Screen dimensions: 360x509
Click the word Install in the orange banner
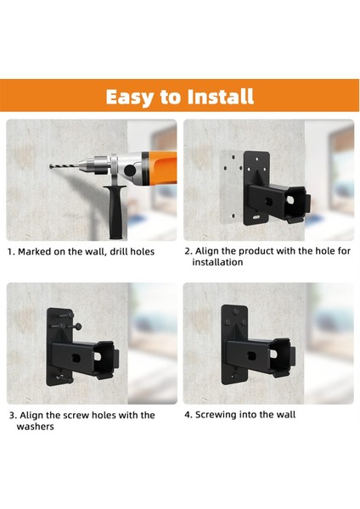(220, 97)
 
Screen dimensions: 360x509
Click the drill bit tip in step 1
(50, 166)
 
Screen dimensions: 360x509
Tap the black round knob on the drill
(130, 171)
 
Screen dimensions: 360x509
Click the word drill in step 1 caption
(119, 252)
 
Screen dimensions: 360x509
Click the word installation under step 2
(217, 262)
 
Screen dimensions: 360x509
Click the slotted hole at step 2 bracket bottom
(256, 217)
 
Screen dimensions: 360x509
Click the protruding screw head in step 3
(78, 327)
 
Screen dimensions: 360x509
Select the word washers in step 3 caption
(35, 426)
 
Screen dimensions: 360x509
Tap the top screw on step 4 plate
(235, 312)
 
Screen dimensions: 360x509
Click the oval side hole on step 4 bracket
(251, 356)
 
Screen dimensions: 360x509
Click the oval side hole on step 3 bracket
(76, 359)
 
